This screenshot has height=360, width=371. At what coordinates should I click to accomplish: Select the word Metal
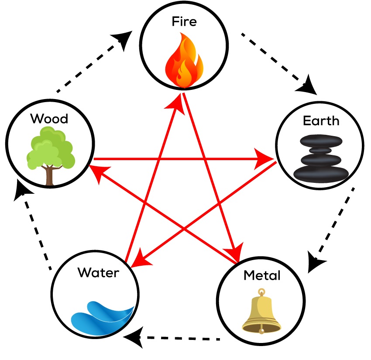pyautogui.click(x=261, y=275)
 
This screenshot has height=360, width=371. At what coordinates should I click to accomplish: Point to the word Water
pyautogui.click(x=98, y=273)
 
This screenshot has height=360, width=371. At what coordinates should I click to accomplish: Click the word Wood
pyautogui.click(x=49, y=118)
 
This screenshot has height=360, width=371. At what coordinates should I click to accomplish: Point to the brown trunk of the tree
pyautogui.click(x=50, y=175)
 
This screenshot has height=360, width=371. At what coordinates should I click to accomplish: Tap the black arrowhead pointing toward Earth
pyautogui.click(x=307, y=86)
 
